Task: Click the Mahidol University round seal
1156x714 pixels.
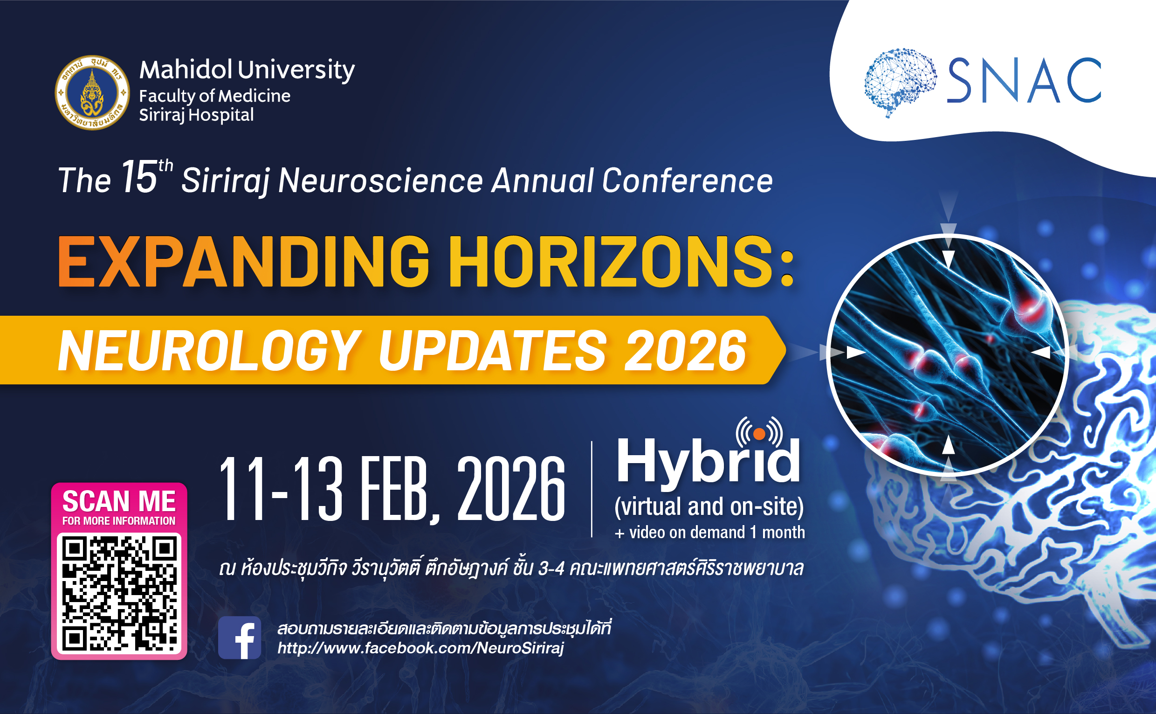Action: pyautogui.click(x=92, y=92)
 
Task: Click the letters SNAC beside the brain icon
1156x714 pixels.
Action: pyautogui.click(x=1024, y=80)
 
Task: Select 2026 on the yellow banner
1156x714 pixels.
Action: pyautogui.click(x=685, y=350)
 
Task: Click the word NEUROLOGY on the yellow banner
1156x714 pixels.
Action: pyautogui.click(x=209, y=350)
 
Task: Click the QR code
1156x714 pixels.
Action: pyautogui.click(x=119, y=594)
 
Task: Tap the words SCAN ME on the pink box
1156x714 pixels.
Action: pyautogui.click(x=119, y=501)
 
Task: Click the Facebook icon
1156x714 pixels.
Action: pyautogui.click(x=239, y=637)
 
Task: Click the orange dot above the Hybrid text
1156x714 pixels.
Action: pyautogui.click(x=759, y=434)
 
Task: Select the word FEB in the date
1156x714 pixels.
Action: pyautogui.click(x=400, y=490)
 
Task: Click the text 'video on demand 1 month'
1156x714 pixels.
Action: pyautogui.click(x=716, y=532)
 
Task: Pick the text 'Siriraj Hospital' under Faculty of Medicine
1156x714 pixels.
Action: pyautogui.click(x=196, y=115)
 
